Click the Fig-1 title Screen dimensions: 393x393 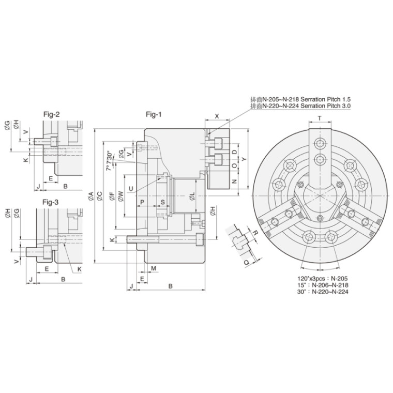pos(154,115)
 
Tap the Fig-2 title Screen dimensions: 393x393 pos(52,115)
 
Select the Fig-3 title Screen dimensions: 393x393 pos(50,202)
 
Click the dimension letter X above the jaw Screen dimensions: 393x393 pos(217,116)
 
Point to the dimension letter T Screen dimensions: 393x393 pos(320,118)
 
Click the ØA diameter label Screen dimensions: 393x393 pos(90,196)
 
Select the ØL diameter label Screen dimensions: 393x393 pos(192,196)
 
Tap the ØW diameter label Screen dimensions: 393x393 pos(120,196)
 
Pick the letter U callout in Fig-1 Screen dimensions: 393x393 pos(131,188)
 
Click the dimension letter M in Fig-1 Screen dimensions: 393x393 pos(154,268)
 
